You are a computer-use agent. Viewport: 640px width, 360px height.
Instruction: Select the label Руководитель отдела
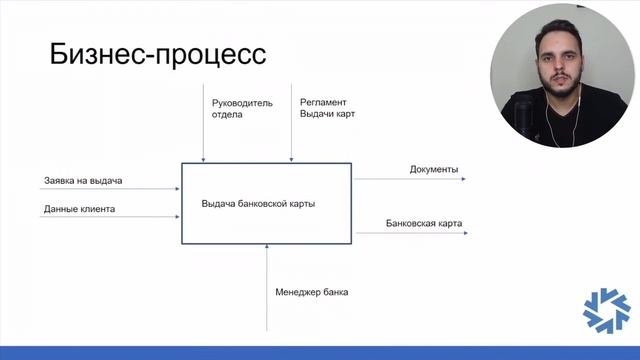(x=241, y=108)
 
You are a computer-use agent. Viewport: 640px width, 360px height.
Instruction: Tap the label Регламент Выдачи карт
(x=327, y=108)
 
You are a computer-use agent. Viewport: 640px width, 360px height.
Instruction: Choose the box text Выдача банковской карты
(x=258, y=204)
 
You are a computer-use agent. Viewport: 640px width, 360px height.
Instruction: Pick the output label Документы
(x=434, y=169)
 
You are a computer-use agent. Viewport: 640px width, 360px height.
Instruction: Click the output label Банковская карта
(x=424, y=223)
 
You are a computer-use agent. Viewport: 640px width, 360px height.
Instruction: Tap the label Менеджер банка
(x=312, y=292)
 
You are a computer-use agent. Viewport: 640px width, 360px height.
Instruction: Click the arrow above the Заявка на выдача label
(x=105, y=191)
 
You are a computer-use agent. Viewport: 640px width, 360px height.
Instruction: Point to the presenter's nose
(x=557, y=68)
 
